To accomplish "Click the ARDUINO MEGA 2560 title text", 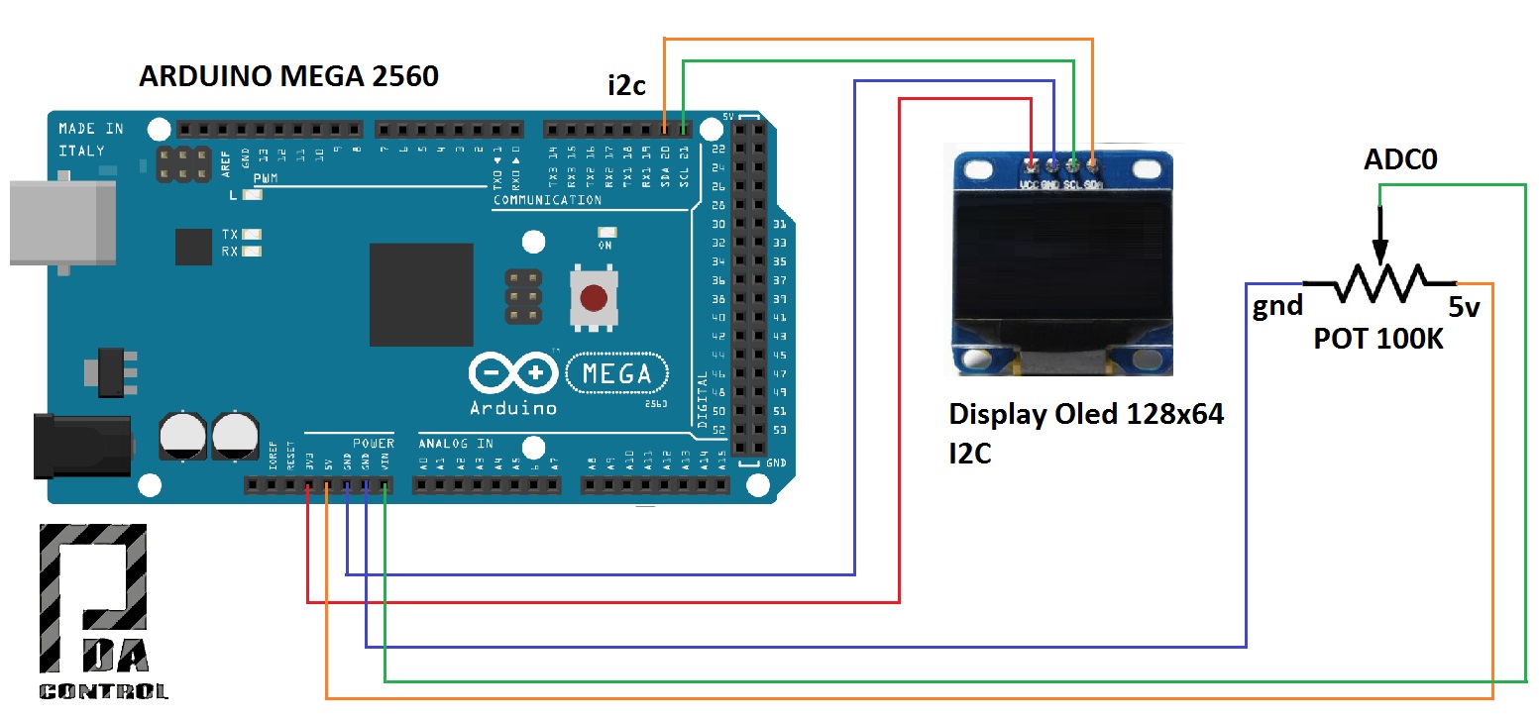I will (x=288, y=76).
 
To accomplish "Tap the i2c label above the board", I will (x=626, y=85).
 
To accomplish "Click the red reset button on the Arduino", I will (x=593, y=297).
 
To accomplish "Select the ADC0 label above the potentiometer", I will (x=1400, y=159).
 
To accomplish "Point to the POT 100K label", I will (x=1378, y=339).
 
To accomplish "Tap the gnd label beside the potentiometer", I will (x=1277, y=305).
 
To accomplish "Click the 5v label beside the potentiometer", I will (x=1464, y=307).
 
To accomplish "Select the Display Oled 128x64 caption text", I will (x=1086, y=415).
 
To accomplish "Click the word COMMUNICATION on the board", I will (x=547, y=200).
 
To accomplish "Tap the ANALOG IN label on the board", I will (x=456, y=444).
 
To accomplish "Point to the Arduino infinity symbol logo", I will (x=512, y=373).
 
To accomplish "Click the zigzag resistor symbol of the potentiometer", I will (x=1378, y=283).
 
